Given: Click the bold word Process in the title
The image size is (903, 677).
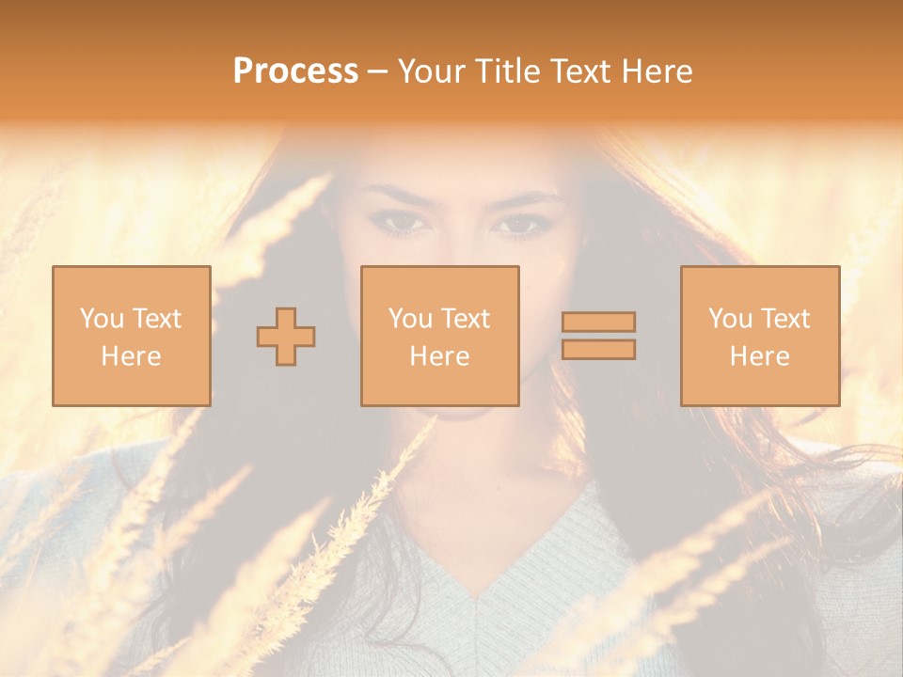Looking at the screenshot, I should coord(295,71).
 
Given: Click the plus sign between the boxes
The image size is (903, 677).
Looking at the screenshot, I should coord(286,336).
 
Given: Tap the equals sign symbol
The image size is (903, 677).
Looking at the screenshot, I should coord(598,336).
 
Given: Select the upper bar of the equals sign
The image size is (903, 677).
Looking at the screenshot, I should coord(598,322).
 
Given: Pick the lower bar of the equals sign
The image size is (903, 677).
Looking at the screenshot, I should coord(598,350).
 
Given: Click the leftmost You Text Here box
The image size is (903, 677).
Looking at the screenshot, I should coord(131,336).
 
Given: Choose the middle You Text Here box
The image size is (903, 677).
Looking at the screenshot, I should coord(439,336).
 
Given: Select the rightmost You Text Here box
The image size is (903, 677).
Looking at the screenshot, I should coord(759,336).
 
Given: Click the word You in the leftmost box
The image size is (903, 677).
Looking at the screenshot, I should coord(102,319).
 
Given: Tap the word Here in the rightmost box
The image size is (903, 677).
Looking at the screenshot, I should coord(759,356).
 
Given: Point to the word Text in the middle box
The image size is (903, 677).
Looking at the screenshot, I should coord(466,319).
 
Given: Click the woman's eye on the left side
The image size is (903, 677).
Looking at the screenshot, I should coord(403,223).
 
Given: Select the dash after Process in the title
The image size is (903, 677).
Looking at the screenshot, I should coord(377,71).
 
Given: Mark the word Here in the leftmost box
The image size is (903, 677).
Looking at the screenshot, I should coord(131,356).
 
